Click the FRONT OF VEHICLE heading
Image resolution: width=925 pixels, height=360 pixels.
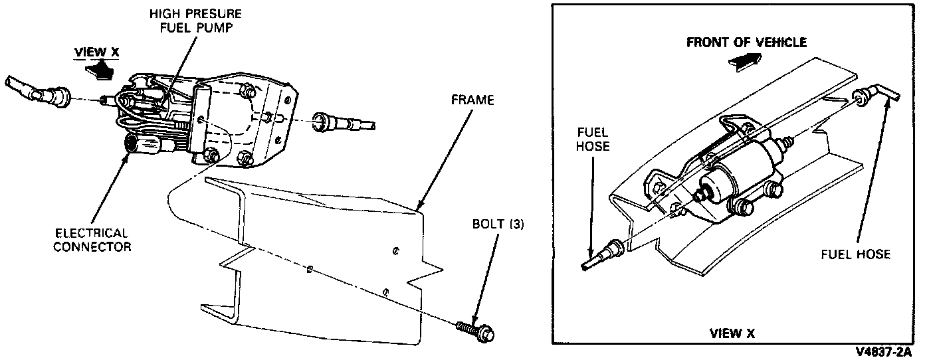[x=746, y=43]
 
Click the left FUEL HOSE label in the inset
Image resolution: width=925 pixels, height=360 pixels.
[x=593, y=139]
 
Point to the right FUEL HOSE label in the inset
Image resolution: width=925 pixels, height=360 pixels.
[x=856, y=254]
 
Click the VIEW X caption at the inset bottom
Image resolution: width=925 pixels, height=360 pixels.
[x=733, y=333]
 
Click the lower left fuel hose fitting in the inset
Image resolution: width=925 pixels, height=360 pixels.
[x=608, y=252]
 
